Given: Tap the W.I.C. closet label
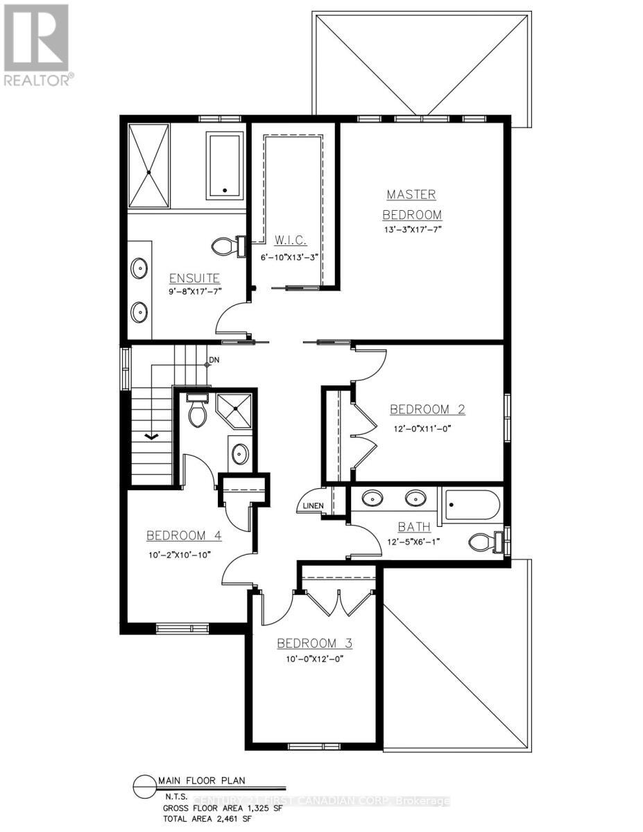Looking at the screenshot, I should tap(295, 241).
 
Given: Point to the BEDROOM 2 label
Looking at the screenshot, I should tap(427, 409).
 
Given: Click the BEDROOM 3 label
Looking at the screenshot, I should tap(314, 643).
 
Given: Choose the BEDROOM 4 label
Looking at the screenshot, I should tap(184, 535).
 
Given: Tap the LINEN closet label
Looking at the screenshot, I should tap(312, 505).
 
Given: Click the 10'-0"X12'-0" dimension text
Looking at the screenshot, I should tap(314, 658).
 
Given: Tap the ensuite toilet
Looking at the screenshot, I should tap(227, 246).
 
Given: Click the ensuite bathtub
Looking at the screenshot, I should tap(224, 165).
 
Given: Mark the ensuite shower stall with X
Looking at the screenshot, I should tap(148, 166).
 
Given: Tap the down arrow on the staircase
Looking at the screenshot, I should tap(151, 436).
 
